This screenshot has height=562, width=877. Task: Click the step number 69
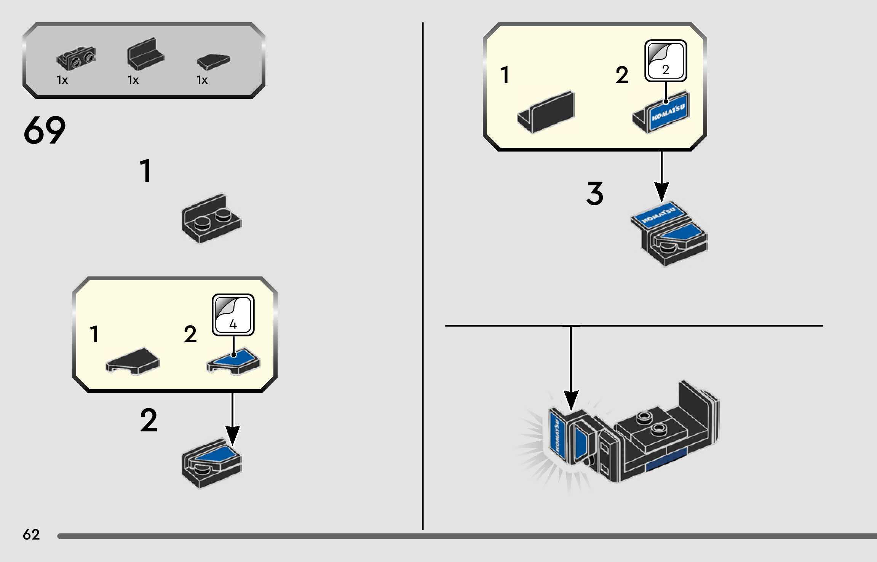(x=45, y=130)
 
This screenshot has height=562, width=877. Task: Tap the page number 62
(x=31, y=535)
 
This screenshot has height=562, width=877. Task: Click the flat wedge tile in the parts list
(x=214, y=61)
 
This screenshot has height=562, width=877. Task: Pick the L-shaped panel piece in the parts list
(x=145, y=54)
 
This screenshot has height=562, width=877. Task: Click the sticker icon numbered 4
(x=233, y=315)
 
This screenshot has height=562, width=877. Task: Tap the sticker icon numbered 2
(x=666, y=61)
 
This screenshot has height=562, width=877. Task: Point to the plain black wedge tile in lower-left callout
(x=133, y=360)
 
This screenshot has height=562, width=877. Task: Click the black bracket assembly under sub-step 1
(x=211, y=219)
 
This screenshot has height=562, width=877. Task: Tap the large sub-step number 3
(x=594, y=193)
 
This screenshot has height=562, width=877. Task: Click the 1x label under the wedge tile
(x=202, y=80)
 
